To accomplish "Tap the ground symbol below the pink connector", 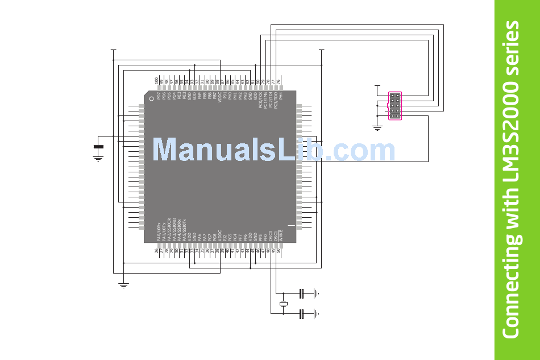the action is pyautogui.click(x=376, y=127).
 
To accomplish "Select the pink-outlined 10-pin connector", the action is pyautogui.click(x=394, y=106).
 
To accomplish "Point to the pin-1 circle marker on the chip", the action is pyautogui.click(x=151, y=98).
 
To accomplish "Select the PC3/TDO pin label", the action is pyautogui.click(x=276, y=101).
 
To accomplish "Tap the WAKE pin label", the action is pyautogui.click(x=281, y=233).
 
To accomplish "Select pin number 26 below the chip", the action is pyautogui.click(x=157, y=251).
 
